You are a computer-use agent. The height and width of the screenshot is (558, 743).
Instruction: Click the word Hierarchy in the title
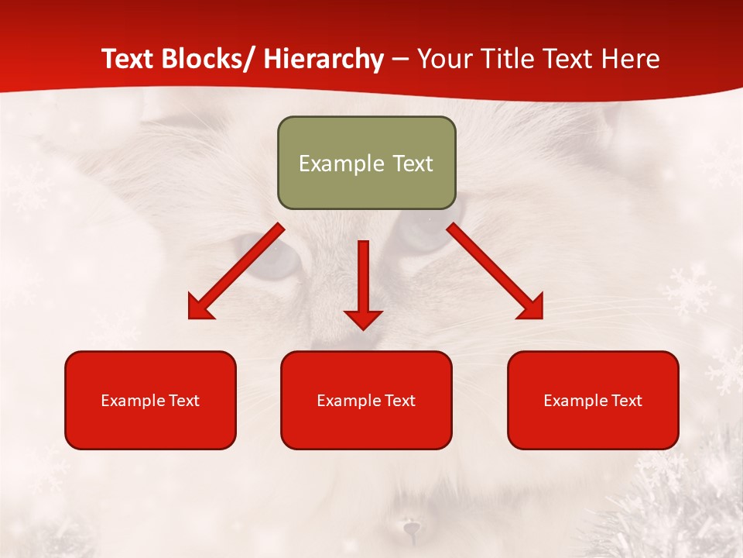coord(324,60)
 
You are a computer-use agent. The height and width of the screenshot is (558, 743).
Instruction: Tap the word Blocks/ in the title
coord(211,60)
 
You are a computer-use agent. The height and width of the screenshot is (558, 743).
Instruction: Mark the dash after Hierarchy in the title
coord(400,60)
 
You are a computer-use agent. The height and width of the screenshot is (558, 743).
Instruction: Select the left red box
coord(150,400)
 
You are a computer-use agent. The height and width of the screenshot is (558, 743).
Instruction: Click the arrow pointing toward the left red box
coord(236,271)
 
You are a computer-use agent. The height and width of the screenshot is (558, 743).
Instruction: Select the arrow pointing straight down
coord(364,283)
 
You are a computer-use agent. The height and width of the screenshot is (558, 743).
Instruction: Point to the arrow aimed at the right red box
coord(495,271)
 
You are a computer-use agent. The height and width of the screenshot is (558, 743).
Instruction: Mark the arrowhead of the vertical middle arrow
coord(364,319)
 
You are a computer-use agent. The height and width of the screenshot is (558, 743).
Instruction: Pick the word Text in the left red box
coord(183,401)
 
